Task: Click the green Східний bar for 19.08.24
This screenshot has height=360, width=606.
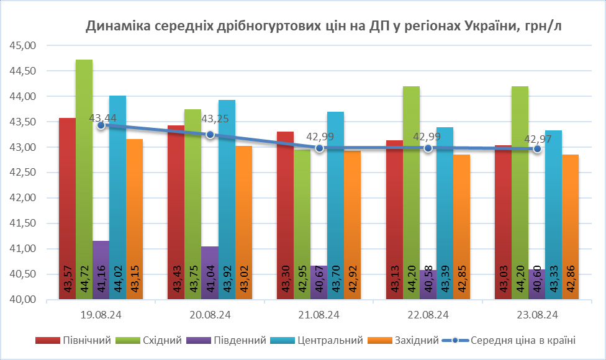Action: point(84,180)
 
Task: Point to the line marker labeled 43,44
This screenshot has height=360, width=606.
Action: point(101,125)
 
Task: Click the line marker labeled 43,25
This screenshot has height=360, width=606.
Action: point(210,134)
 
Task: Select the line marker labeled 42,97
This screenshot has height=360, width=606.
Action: point(537,149)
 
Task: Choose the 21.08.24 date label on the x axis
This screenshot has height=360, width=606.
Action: point(319,315)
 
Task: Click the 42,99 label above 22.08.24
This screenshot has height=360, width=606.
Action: point(427,137)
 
